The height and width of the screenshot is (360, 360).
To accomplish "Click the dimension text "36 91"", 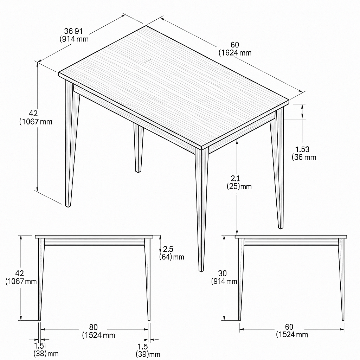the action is click(73, 31).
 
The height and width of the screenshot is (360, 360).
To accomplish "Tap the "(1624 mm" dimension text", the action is click(235, 53).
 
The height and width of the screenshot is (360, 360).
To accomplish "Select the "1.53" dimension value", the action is click(302, 149).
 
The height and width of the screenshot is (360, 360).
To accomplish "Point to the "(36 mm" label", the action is click(304, 157).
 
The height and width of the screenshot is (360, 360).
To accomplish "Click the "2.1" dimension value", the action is click(235, 178).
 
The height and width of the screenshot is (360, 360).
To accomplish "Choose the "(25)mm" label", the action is click(239, 186).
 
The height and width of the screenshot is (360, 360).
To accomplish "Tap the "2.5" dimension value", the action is click(168, 249).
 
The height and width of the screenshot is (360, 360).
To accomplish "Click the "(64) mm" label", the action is click(172, 257).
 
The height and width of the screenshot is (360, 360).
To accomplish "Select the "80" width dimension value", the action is click(94, 327).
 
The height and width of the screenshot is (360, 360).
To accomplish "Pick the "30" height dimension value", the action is click(222, 273).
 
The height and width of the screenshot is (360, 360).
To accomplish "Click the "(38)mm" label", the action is click(46, 353).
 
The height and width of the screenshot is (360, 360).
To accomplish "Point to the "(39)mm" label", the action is click(148, 354).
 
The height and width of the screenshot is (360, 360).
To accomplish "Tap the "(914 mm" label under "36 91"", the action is click(74, 39).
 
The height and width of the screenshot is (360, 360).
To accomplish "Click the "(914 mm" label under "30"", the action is click(224, 281).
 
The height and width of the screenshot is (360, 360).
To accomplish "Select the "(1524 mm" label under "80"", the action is click(99, 335).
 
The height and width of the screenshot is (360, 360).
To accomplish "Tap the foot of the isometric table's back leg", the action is click(138, 171).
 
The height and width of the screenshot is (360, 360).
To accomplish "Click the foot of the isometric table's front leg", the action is click(201, 270).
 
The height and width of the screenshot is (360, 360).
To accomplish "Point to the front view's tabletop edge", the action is click(94, 237).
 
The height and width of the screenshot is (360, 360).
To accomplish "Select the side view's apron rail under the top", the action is click(291, 242).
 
